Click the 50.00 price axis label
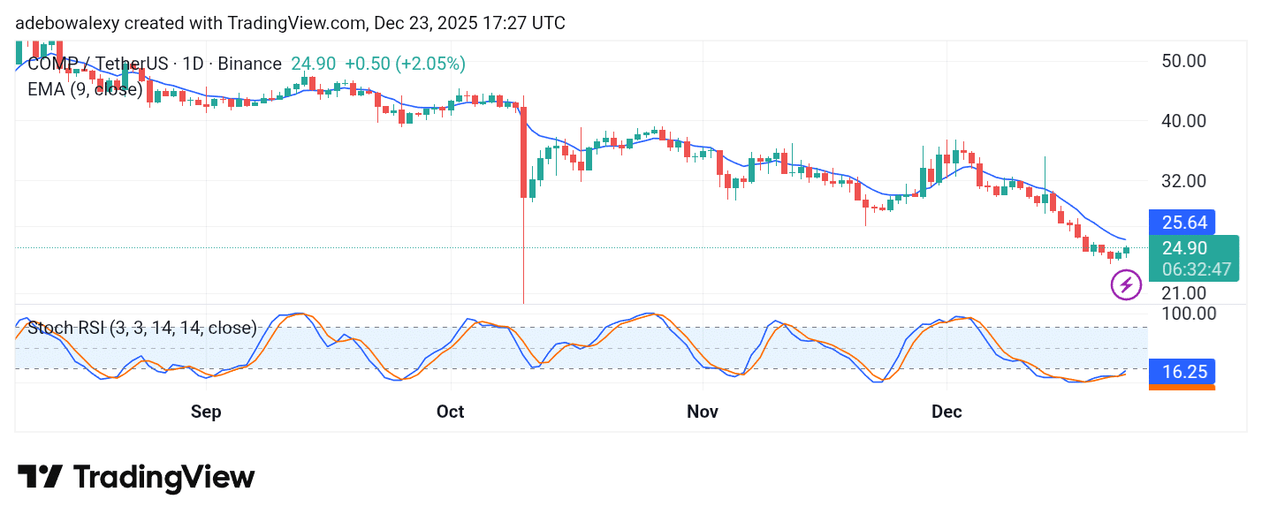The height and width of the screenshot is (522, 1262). pyautogui.click(x=1182, y=61)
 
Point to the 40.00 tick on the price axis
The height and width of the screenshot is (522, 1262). pyautogui.click(x=1182, y=120)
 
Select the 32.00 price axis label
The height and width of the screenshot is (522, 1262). pyautogui.click(x=1182, y=180)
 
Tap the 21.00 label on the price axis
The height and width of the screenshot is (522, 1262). pyautogui.click(x=1182, y=292)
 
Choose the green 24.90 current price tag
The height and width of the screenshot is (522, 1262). pyautogui.click(x=1184, y=248)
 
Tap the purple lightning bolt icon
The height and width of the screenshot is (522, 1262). pyautogui.click(x=1126, y=284)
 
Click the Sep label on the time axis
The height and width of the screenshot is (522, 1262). pyautogui.click(x=206, y=412)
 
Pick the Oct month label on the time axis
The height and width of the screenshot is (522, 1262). pyautogui.click(x=451, y=412)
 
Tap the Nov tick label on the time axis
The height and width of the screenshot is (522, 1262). pyautogui.click(x=703, y=412)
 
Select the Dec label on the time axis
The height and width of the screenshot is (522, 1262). pyautogui.click(x=946, y=412)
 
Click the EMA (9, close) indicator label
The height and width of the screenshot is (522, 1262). pyautogui.click(x=85, y=89)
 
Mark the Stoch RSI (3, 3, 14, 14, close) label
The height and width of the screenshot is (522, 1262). pyautogui.click(x=142, y=328)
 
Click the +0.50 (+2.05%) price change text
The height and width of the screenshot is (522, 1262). pyautogui.click(x=405, y=64)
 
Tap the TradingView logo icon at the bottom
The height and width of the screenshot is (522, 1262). pyautogui.click(x=40, y=477)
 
